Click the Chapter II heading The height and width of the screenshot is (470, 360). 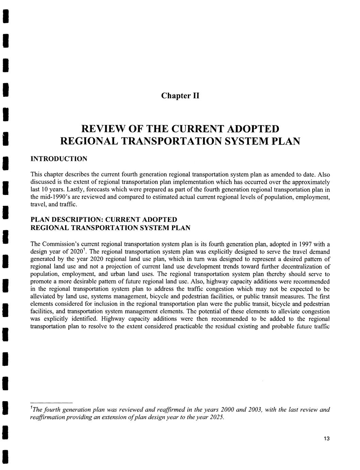pyautogui.click(x=180, y=95)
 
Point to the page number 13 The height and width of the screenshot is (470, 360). pyautogui.click(x=327, y=439)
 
